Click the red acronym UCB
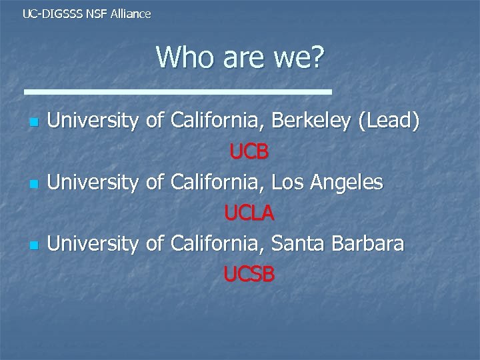coord(249,153)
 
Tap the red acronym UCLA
coord(249,213)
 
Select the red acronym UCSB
coord(249,274)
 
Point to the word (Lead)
coord(389,122)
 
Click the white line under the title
coord(177,90)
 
